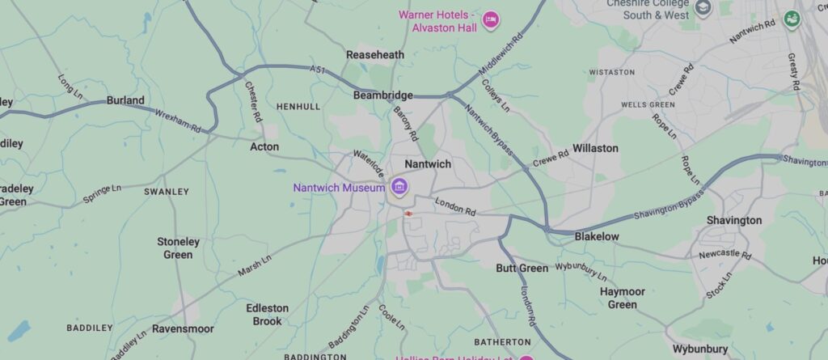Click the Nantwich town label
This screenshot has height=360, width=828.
click(428, 163)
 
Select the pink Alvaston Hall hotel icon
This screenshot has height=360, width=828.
click(489, 19)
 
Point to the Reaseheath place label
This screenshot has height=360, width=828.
click(375, 54)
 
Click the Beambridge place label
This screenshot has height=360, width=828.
click(383, 95)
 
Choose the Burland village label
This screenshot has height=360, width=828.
click(125, 101)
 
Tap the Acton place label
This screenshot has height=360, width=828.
click(264, 146)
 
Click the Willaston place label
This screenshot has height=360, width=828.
click(595, 148)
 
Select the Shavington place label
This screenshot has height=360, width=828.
click(733, 220)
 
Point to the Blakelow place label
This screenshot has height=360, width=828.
click(596, 236)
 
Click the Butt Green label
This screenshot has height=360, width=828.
click(522, 268)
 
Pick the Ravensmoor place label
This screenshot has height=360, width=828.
click(192, 329)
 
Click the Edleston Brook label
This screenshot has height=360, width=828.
click(267, 315)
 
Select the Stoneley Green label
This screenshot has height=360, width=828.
click(178, 248)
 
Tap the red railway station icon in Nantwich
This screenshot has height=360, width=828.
click(408, 214)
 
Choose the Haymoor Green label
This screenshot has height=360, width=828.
click(622, 298)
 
